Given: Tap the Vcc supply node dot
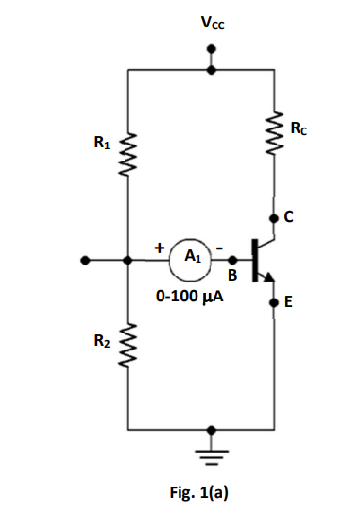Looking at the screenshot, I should point(211,68).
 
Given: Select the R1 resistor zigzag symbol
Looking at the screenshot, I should point(127,157).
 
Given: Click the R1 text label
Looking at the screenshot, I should point(100,143).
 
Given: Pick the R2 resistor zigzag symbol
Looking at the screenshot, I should point(127,341).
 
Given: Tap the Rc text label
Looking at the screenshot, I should point(299,127).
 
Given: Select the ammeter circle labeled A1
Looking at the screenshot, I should point(190,256).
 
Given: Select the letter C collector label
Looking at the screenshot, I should point(289,217).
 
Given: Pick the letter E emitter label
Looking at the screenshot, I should point(289,303).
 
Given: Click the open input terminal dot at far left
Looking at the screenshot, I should point(87,257).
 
